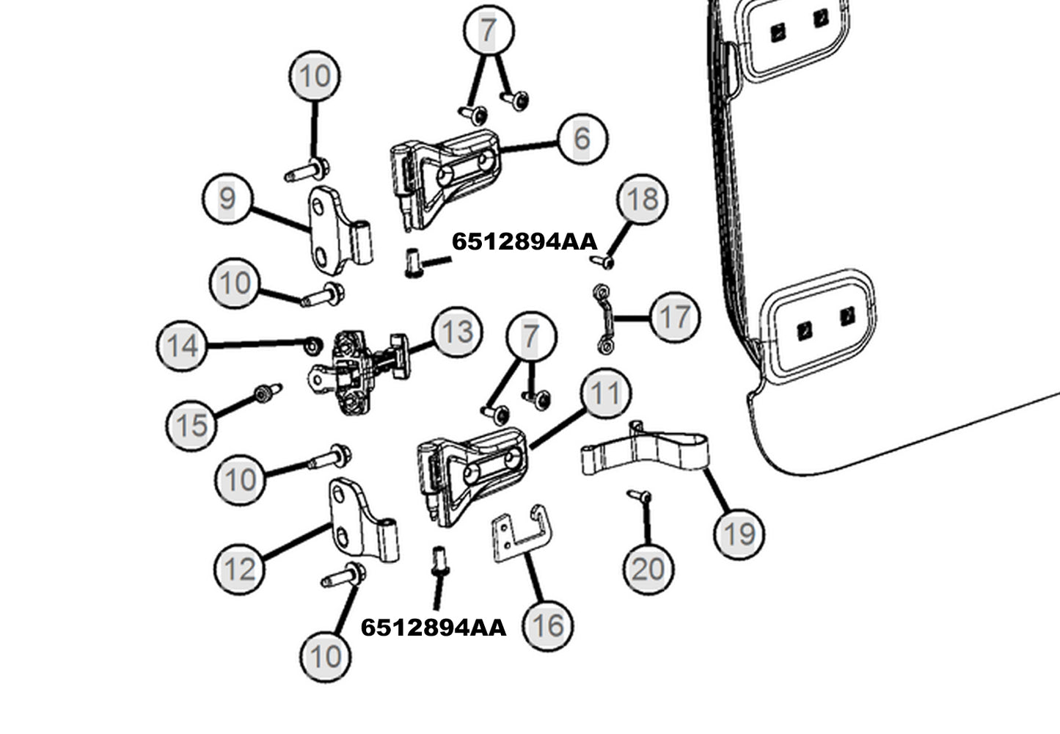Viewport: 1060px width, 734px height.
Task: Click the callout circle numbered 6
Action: click(582, 137)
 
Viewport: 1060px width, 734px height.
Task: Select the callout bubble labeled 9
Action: click(227, 198)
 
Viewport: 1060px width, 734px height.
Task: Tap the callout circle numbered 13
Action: click(457, 332)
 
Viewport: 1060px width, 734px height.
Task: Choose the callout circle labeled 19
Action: click(739, 534)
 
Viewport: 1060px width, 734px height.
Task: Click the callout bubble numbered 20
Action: click(648, 569)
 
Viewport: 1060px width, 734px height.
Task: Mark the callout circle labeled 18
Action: click(643, 199)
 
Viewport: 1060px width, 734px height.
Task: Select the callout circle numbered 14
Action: click(182, 345)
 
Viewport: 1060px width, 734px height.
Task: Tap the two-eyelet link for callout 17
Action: click(604, 321)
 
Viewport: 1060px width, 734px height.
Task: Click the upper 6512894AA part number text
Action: click(524, 241)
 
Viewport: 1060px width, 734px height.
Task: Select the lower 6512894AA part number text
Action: click(434, 628)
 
